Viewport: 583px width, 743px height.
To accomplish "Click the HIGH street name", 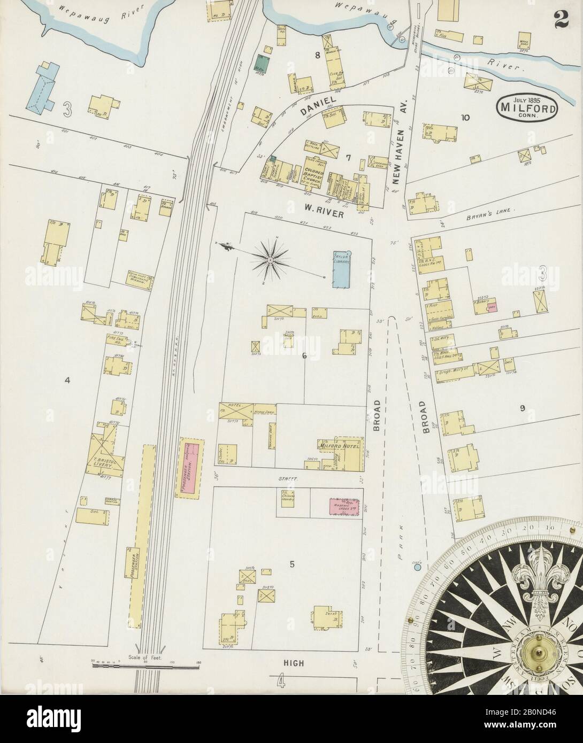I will [294, 663].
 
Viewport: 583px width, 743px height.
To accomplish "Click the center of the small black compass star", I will [271, 260].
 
